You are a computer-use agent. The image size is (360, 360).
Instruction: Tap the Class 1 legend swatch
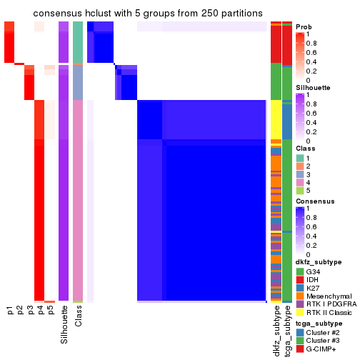pos(300,157)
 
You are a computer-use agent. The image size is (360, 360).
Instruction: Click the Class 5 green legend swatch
pos(300,191)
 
